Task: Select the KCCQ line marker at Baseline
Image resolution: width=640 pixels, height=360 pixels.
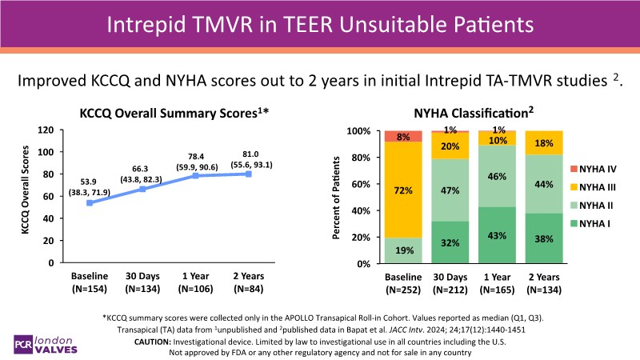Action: coord(89,203)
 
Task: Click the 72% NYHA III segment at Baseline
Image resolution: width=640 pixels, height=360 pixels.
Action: coord(403,190)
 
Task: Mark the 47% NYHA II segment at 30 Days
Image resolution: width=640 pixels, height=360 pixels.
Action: coord(449,190)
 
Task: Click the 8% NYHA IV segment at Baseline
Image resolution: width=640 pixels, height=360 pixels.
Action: coord(403,136)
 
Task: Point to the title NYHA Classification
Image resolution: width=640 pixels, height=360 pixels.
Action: coord(474,114)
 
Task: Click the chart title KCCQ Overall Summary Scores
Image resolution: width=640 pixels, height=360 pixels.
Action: coord(174,114)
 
